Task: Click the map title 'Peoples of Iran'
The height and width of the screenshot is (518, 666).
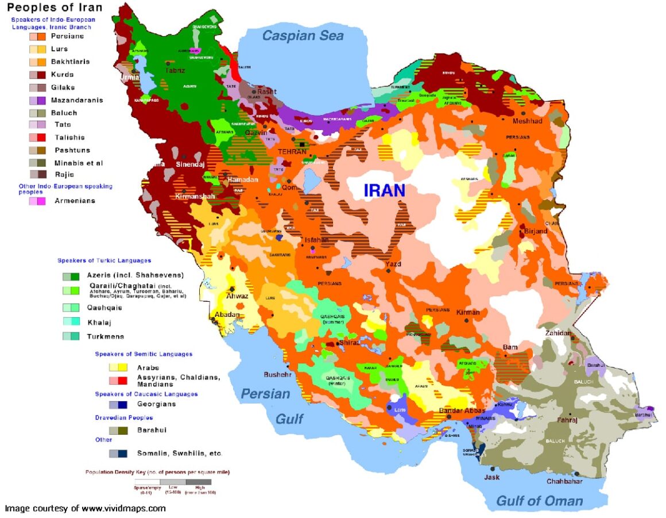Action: (55, 7)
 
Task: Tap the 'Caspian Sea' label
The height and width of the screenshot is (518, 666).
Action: (303, 36)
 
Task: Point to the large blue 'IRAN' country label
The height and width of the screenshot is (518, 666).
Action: (384, 190)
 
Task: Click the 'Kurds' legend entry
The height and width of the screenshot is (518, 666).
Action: (62, 74)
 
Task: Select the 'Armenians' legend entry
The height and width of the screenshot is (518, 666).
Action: (75, 201)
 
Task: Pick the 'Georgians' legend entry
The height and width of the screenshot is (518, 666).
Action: (156, 404)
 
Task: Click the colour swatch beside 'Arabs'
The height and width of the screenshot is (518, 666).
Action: (118, 367)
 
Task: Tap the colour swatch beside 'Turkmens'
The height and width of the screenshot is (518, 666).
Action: (71, 336)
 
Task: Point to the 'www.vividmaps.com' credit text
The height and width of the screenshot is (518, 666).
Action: (123, 508)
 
